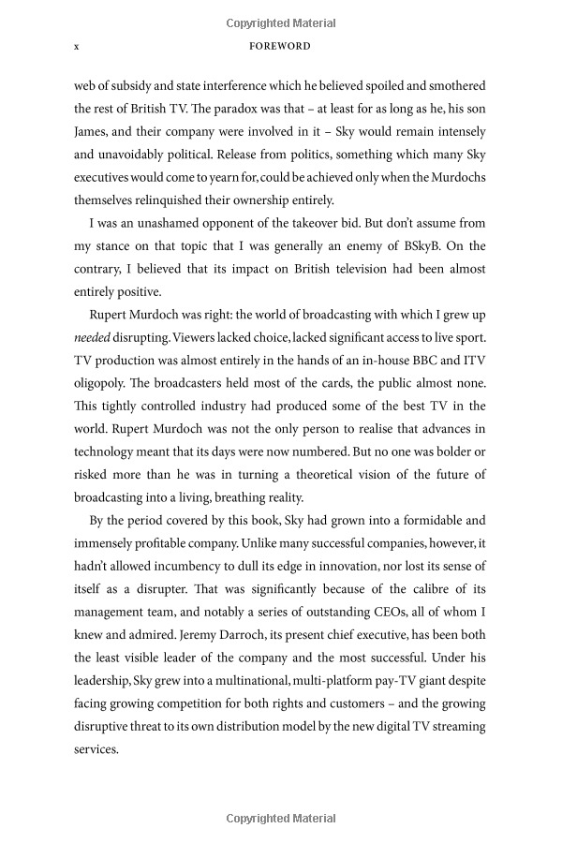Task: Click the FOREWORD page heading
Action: point(280,45)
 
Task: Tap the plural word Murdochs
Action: point(452,177)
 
